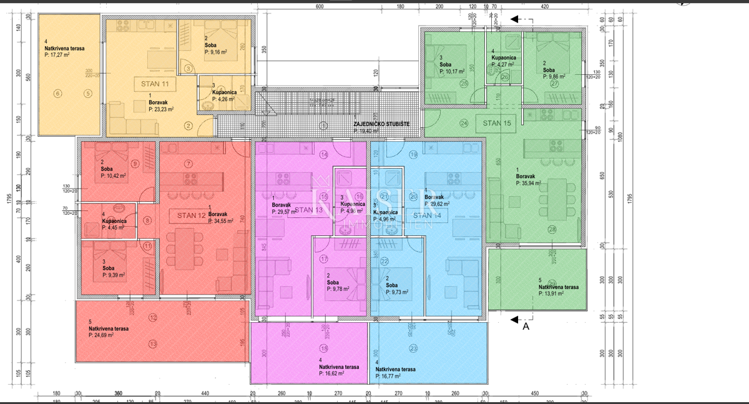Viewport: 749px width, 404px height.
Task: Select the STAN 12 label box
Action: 191,215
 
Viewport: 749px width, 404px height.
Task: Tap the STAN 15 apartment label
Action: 497,123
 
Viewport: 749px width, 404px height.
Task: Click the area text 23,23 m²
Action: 161,109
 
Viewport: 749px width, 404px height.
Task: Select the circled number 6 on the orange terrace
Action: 58,94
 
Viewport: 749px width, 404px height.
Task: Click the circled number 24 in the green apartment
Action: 464,123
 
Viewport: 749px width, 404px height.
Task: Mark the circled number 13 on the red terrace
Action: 154,343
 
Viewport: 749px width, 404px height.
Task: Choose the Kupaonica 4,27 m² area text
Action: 502,64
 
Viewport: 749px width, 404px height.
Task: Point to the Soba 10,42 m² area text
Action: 114,176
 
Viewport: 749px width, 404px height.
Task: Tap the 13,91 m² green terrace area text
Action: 551,293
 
